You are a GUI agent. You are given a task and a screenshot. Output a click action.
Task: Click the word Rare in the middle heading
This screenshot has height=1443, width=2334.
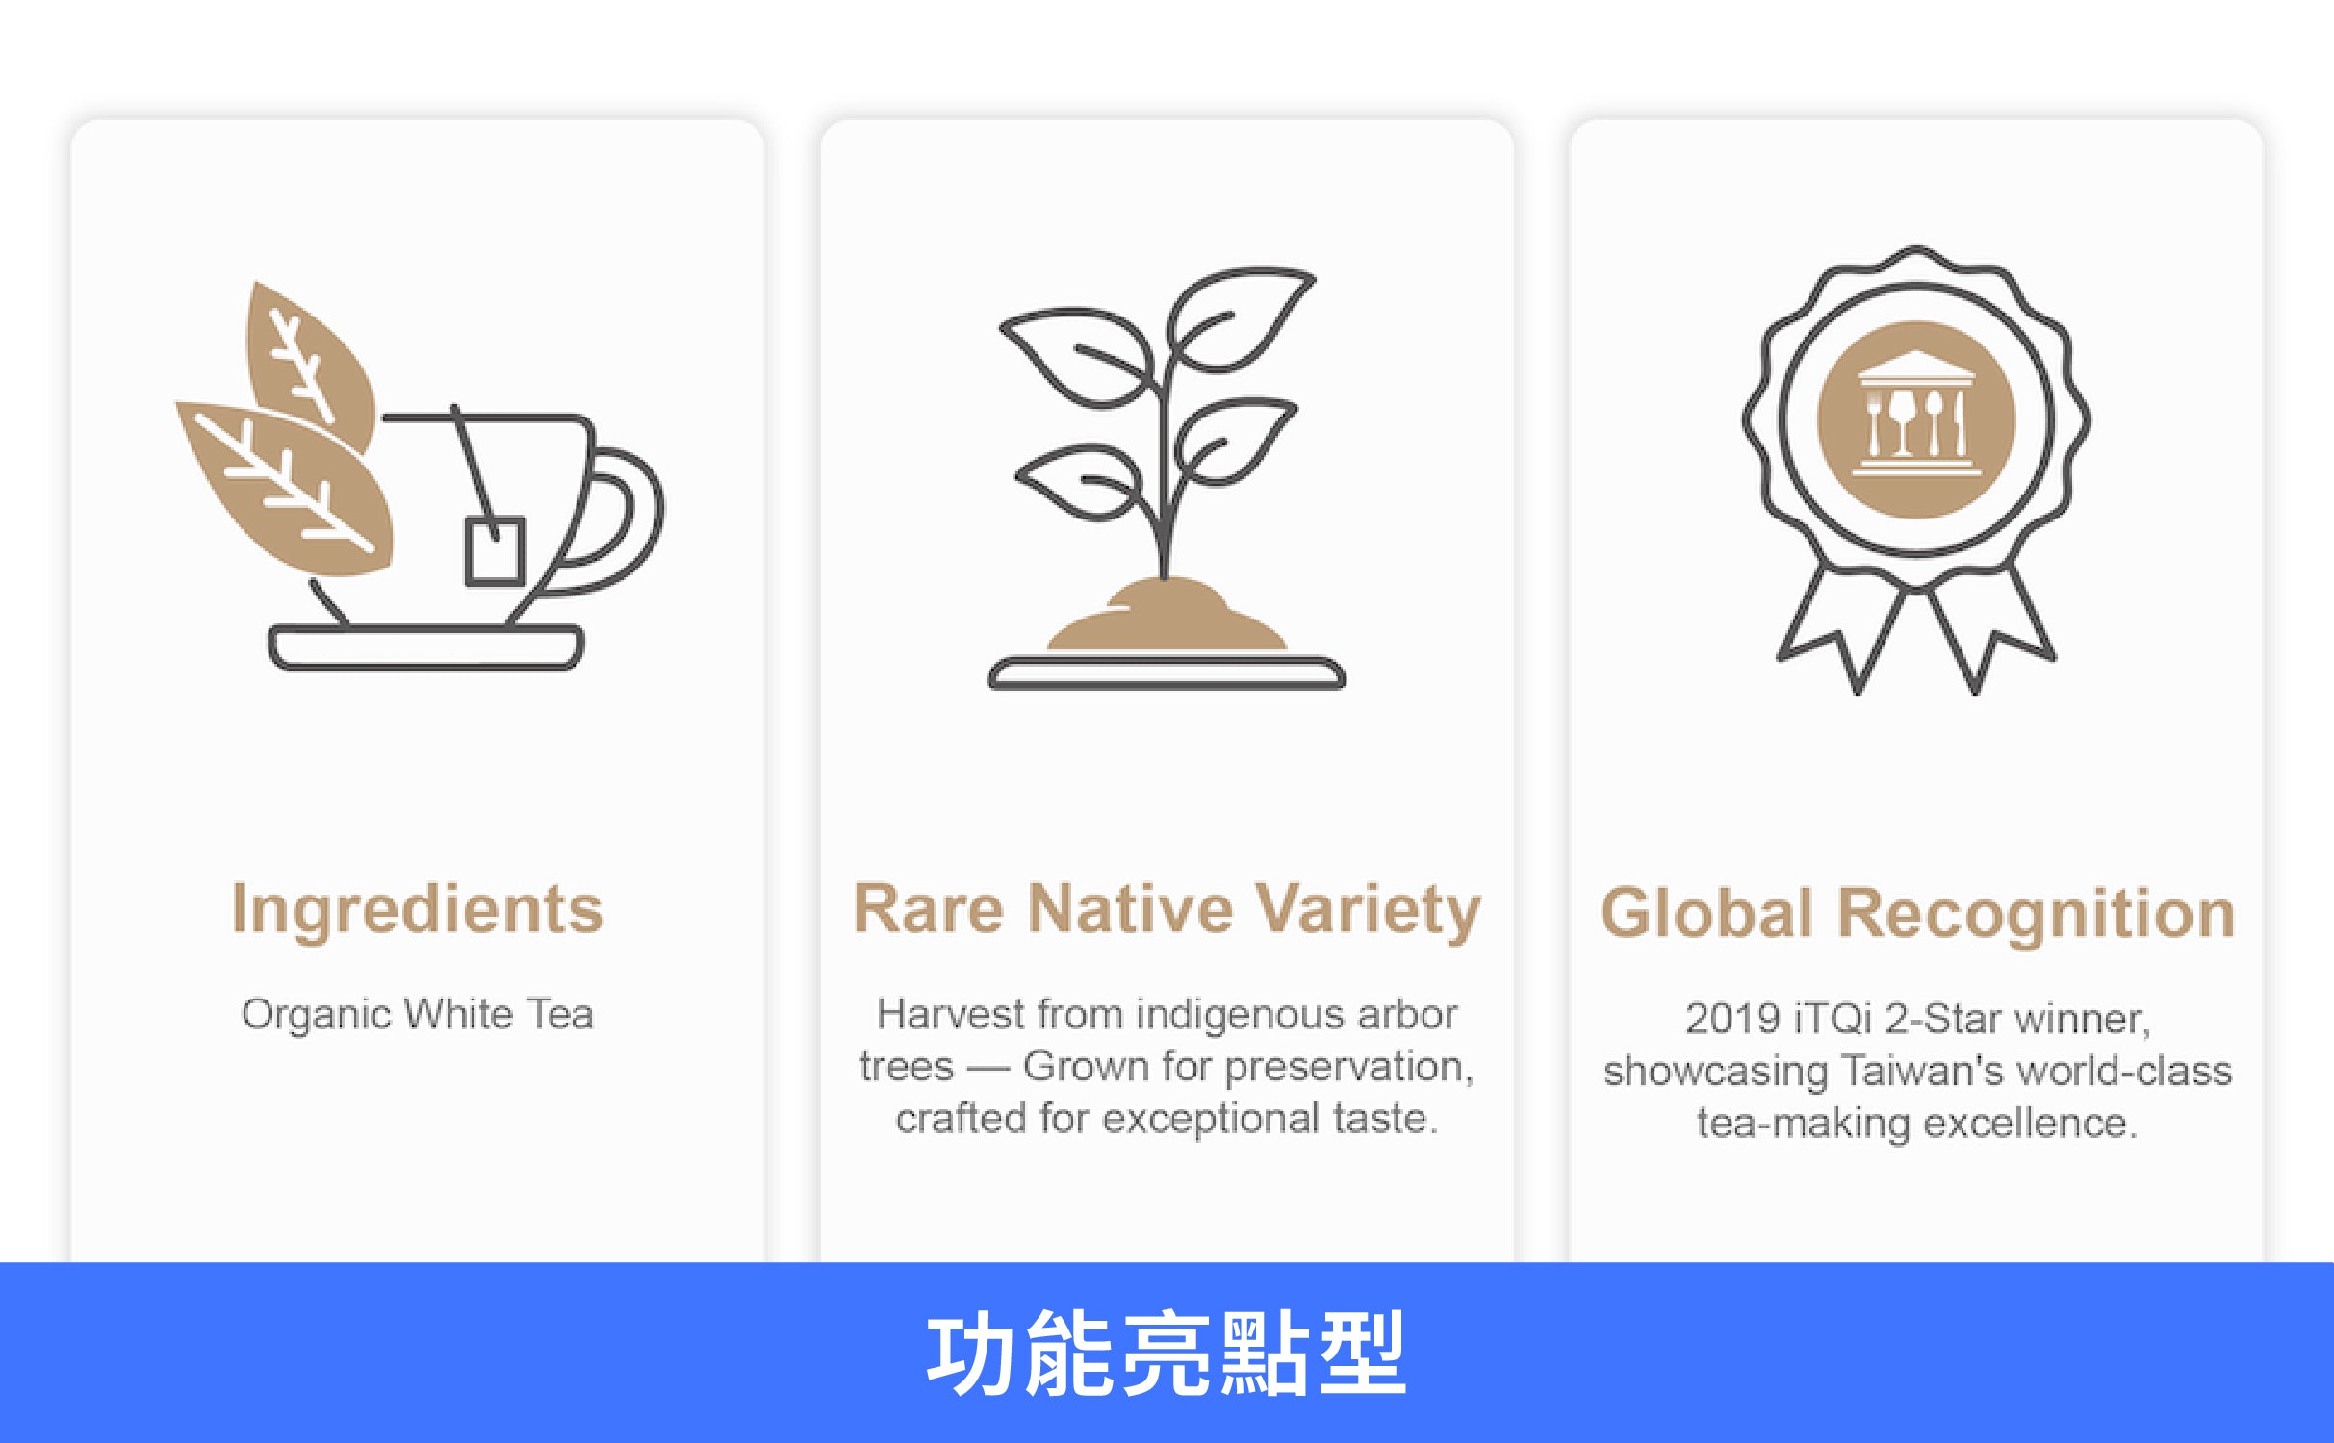(x=928, y=908)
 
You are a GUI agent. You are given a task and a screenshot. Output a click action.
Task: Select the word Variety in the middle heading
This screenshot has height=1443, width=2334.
(x=1368, y=911)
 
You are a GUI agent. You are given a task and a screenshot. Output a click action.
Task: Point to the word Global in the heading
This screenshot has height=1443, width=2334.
(x=1706, y=913)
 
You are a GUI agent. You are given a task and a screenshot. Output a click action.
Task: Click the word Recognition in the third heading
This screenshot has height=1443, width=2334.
(x=2036, y=915)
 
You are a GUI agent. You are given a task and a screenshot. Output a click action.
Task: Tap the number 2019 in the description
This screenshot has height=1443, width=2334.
(x=1731, y=1019)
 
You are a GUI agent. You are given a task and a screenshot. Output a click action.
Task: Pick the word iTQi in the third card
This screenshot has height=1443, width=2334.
(x=1833, y=1019)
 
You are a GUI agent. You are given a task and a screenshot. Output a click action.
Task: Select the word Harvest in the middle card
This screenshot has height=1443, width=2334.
(x=951, y=1014)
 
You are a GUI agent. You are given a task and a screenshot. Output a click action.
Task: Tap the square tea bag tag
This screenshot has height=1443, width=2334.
(x=495, y=551)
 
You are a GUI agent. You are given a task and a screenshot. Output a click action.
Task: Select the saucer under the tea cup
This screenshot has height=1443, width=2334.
(x=425, y=646)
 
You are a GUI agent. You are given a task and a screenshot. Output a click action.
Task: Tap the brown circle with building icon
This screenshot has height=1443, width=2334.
(x=1915, y=419)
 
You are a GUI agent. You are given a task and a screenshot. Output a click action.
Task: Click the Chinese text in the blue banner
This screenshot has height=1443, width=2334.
(x=1166, y=1354)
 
